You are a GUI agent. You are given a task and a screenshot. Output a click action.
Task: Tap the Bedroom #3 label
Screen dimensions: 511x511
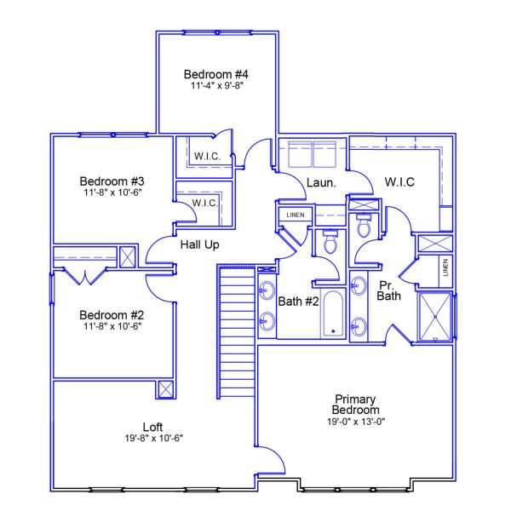(x=112, y=181)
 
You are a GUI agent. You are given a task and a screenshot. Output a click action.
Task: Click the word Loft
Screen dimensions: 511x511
(x=153, y=426)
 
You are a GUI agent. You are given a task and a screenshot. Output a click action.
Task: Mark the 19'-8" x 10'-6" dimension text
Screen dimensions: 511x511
(x=153, y=438)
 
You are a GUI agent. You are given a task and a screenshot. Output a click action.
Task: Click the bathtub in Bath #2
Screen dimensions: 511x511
(x=331, y=314)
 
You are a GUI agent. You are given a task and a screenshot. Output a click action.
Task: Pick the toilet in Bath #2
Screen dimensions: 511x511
(x=330, y=244)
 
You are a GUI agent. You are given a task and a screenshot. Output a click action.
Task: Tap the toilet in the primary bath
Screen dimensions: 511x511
(x=364, y=224)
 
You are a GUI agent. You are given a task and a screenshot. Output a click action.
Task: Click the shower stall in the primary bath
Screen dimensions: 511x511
(x=435, y=316)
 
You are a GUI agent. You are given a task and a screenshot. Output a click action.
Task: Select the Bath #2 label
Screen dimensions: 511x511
(x=298, y=300)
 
